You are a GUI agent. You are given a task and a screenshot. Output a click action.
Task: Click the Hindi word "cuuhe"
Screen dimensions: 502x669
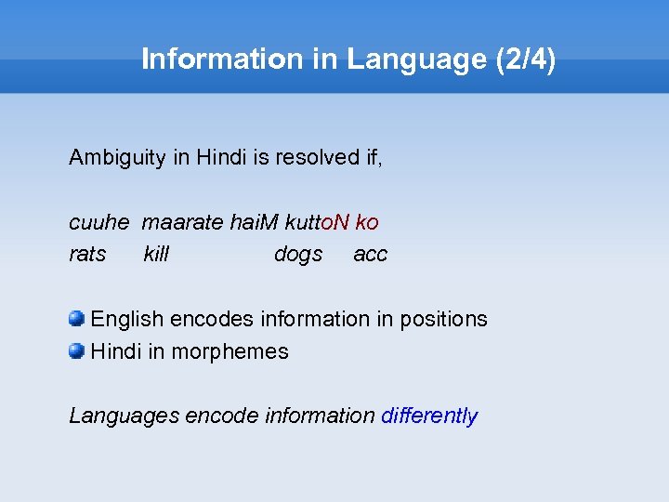98,223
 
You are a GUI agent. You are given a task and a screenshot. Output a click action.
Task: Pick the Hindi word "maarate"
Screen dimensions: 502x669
182,223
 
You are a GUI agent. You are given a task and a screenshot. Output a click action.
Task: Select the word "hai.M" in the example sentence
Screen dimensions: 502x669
254,223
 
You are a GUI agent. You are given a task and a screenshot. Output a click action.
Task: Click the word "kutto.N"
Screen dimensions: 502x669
316,223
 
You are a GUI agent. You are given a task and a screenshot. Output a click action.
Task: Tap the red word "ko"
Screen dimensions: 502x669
366,223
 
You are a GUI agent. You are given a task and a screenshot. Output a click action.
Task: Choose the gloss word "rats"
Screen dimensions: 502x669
87,254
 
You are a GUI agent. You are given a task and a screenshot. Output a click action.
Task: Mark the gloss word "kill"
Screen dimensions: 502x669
156,254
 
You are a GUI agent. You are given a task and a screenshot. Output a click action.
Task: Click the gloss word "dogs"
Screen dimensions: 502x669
298,254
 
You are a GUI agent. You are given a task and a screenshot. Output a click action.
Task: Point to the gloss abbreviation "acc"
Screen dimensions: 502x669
370,254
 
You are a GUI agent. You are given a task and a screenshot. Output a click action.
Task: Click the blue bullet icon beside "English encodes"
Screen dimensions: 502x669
76,319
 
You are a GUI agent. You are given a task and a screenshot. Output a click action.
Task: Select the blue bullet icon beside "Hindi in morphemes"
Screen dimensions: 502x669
76,351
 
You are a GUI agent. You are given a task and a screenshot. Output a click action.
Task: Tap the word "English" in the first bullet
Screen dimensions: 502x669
125,319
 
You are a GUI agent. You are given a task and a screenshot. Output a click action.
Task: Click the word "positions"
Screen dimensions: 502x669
443,319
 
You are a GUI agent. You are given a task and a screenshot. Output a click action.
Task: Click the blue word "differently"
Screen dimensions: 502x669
429,416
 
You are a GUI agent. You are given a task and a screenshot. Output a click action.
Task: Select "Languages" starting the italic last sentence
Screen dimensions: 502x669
124,416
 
